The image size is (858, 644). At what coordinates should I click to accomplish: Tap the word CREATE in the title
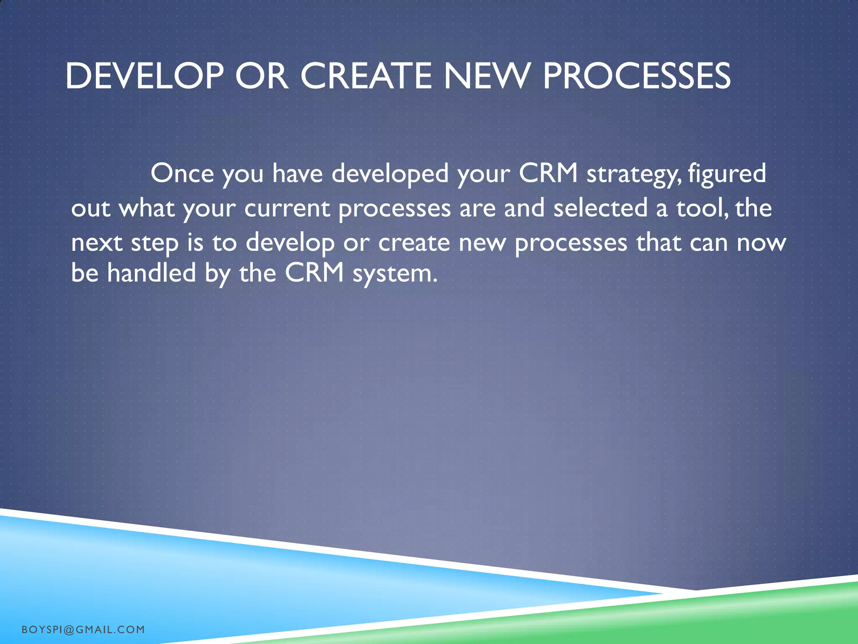tap(366, 76)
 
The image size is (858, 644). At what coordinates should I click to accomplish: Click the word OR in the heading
tap(261, 76)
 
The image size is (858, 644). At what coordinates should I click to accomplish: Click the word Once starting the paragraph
tap(182, 173)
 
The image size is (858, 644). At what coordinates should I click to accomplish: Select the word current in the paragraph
tap(287, 208)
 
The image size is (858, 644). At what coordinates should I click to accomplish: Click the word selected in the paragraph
tap(600, 208)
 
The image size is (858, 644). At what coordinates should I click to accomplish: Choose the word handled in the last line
tap(151, 273)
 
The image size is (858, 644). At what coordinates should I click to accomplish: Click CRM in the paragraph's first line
tap(548, 173)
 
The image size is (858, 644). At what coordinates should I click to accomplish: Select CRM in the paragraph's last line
tap(314, 273)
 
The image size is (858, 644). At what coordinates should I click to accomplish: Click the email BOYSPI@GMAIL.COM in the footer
tap(83, 629)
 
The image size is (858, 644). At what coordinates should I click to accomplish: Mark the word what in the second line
tap(147, 208)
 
